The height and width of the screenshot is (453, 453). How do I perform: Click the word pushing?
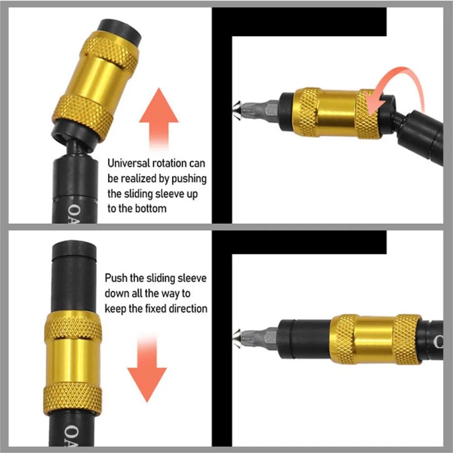click(189, 178)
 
